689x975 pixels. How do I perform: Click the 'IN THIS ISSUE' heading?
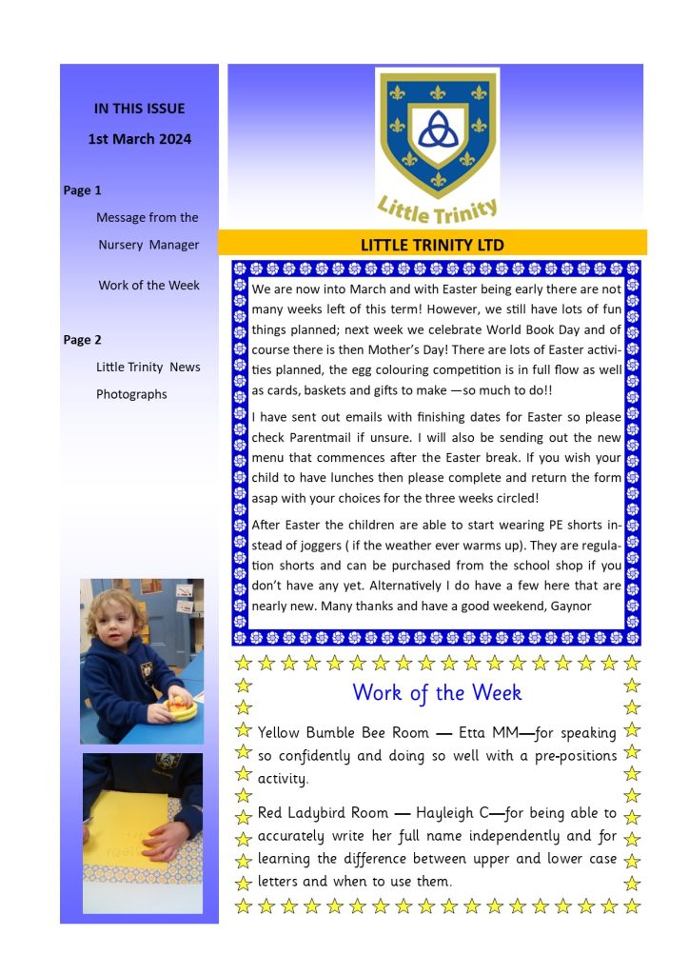point(139,109)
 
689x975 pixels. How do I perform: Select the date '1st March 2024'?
point(139,139)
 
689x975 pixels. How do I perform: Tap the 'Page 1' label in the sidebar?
point(83,190)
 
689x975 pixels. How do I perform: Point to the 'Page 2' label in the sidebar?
point(83,340)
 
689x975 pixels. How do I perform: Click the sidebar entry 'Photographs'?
point(131,394)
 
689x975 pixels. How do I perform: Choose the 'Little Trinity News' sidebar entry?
point(148,367)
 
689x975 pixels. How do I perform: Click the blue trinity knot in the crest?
point(438,128)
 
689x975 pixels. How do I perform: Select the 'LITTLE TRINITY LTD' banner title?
point(432,245)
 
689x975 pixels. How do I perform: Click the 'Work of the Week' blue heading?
point(437,692)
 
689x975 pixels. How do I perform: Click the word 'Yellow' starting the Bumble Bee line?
point(280,733)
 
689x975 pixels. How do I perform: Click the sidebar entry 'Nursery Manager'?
point(148,245)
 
